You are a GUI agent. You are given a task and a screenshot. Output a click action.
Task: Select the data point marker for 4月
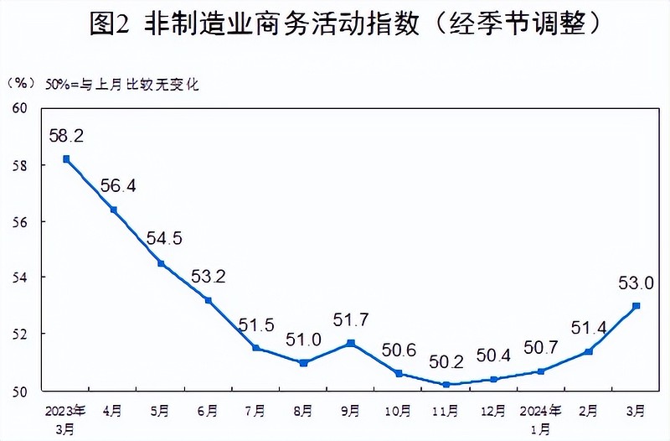[113, 210]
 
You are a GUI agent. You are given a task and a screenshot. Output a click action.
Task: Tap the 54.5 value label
[163, 238]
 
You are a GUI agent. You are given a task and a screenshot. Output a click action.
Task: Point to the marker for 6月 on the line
[209, 300]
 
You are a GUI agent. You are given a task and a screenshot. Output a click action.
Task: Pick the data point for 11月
[446, 385]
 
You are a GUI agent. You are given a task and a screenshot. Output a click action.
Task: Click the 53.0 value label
[636, 283]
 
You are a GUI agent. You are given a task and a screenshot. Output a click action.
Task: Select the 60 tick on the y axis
[20, 109]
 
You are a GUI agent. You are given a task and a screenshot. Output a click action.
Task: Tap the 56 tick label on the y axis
[20, 221]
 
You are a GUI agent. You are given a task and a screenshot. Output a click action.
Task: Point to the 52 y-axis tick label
[20, 334]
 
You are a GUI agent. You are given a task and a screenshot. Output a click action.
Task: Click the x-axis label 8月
[303, 411]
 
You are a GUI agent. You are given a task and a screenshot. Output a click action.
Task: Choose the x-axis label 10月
[398, 411]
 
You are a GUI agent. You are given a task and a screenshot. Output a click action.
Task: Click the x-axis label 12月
[493, 411]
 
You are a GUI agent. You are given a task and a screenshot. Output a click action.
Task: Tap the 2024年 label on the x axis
[541, 411]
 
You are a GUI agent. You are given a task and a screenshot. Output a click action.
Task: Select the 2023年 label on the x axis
[65, 411]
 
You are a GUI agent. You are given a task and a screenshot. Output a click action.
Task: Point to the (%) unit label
[21, 84]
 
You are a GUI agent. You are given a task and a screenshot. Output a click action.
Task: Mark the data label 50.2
[446, 363]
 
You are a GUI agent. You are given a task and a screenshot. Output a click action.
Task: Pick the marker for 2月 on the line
[589, 351]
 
